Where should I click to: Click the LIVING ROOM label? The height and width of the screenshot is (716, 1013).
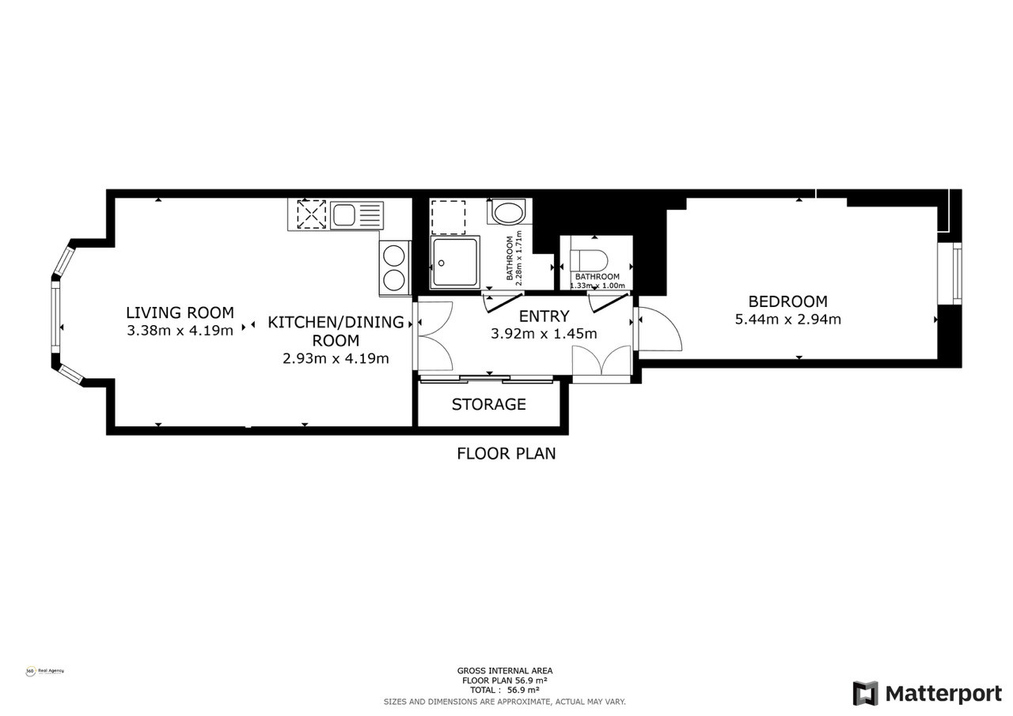pos(180,313)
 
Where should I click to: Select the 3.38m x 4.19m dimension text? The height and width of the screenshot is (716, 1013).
pos(180,331)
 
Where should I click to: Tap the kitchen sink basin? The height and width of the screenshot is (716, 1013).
pos(343,214)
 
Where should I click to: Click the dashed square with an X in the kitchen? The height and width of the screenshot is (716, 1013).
pos(311,214)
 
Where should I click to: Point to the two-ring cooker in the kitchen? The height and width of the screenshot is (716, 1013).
pos(394,267)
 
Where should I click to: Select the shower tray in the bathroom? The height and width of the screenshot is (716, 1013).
pos(455,262)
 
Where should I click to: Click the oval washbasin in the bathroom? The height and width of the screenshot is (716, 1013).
pos(508,212)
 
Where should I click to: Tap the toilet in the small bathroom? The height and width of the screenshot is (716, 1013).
pos(589,260)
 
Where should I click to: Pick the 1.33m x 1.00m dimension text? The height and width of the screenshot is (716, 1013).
pos(598,286)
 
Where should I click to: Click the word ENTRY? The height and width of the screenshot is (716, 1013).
pos(544,316)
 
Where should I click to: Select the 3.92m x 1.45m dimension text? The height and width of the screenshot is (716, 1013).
pos(544,334)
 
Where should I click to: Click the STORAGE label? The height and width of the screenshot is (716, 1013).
pos(488,404)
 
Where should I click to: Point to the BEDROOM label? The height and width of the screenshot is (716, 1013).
pos(787,301)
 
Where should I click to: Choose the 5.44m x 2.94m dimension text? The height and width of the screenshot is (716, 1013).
pos(787,320)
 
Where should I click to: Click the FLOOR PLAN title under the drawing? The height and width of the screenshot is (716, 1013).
pos(506,453)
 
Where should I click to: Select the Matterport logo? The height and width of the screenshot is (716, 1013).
pos(927,693)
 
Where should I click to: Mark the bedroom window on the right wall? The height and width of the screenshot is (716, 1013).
pos(957,273)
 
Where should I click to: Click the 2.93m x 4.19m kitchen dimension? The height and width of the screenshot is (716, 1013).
pos(336,358)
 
